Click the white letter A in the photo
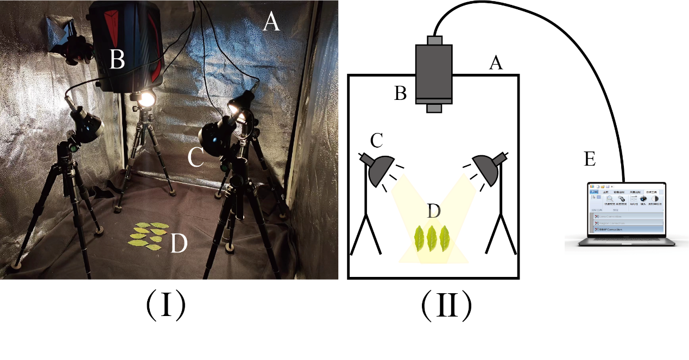click(x=271, y=22)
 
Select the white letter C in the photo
click(x=195, y=157)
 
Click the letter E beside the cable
click(x=591, y=160)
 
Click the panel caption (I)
click(x=166, y=307)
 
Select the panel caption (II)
click(x=446, y=307)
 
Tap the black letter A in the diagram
click(x=495, y=64)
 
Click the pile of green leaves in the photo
click(x=147, y=235)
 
